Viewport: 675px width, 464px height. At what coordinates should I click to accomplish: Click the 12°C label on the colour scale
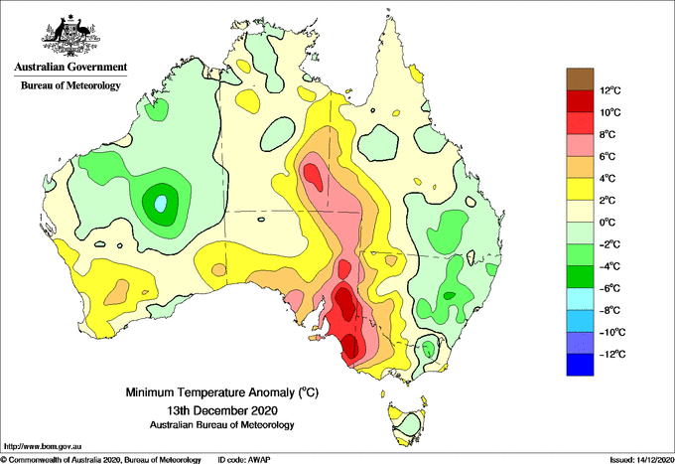coord(610,90)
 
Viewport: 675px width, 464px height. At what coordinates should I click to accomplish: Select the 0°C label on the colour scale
coord(607,223)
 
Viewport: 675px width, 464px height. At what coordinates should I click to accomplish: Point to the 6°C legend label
coord(607,156)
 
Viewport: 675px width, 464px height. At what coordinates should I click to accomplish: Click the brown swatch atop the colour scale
coord(580,79)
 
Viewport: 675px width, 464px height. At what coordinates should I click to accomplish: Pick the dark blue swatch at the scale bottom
coord(580,365)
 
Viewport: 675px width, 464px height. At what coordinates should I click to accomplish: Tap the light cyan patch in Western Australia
coord(161,203)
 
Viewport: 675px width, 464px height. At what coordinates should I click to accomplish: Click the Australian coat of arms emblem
coord(71,36)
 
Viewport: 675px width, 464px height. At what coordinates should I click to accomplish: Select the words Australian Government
coord(70,67)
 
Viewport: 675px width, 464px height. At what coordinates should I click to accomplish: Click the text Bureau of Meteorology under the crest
coord(70,85)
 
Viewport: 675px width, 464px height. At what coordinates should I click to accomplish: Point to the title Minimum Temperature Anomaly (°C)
coord(222,392)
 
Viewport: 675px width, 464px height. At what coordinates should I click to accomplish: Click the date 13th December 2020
coord(222,409)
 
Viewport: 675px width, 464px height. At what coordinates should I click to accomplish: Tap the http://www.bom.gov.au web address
coord(43,446)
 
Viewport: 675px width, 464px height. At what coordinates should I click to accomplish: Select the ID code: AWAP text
coord(244,460)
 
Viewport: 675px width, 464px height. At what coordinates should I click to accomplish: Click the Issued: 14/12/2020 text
coord(641,460)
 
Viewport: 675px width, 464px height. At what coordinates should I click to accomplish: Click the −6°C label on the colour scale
coord(609,288)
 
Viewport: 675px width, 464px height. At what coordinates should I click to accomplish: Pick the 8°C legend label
coord(607,134)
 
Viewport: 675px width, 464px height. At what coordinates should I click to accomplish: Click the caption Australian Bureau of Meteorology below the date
coord(222,425)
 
